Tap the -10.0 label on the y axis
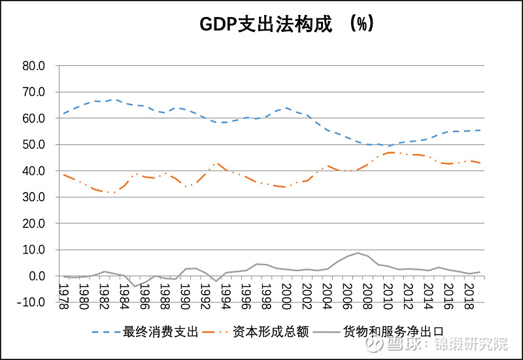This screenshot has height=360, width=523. (x=31, y=303)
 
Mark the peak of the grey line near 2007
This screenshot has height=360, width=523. (x=358, y=253)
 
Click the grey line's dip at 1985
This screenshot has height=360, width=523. (x=135, y=286)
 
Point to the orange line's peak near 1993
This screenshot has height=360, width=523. (x=216, y=163)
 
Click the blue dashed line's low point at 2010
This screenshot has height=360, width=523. (x=388, y=146)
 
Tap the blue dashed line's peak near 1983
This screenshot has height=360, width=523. (x=114, y=99)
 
